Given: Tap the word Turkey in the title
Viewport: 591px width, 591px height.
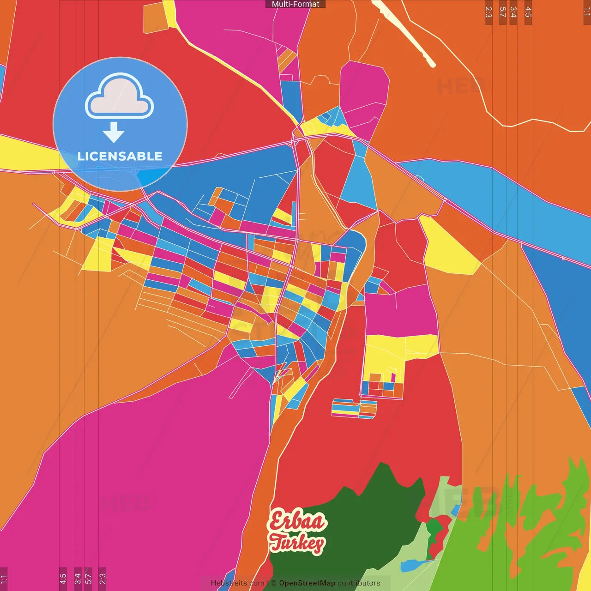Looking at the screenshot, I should pyautogui.click(x=297, y=543).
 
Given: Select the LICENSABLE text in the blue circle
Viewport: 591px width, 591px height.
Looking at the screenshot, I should pyautogui.click(x=120, y=157).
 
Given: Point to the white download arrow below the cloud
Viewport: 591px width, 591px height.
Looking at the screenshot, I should pyautogui.click(x=114, y=132).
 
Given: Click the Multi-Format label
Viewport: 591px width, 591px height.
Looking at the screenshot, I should pyautogui.click(x=295, y=4).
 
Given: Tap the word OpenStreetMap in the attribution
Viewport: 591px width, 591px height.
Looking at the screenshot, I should pyautogui.click(x=307, y=583).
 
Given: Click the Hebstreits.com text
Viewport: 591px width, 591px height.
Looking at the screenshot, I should pyautogui.click(x=237, y=583).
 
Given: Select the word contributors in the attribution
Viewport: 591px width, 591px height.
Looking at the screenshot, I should pyautogui.click(x=358, y=583).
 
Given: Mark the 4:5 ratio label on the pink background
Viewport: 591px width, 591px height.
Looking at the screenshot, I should pyautogui.click(x=63, y=579).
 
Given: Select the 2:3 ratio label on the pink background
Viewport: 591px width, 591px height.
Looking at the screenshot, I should pyautogui.click(x=102, y=579).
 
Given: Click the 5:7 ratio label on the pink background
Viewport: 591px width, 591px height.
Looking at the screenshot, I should pyautogui.click(x=88, y=579).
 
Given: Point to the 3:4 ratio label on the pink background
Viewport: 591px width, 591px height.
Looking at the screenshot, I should pyautogui.click(x=78, y=579).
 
